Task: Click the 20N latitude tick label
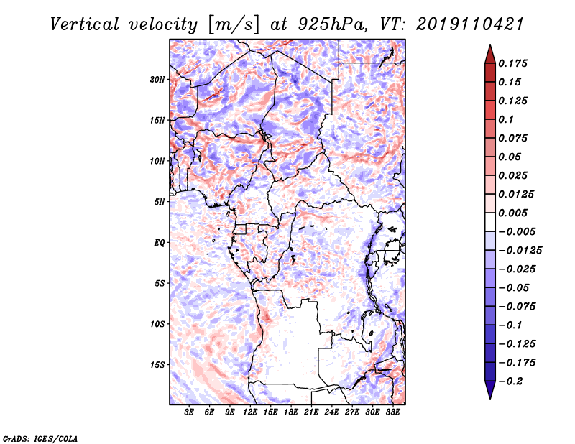(x=157, y=80)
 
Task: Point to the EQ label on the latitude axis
(x=159, y=243)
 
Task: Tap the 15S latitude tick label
(x=157, y=365)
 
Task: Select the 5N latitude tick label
(x=160, y=202)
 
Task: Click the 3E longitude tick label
(x=189, y=412)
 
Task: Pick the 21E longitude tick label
(x=311, y=412)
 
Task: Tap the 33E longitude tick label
(x=392, y=412)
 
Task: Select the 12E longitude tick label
(x=249, y=412)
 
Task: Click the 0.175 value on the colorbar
(x=512, y=63)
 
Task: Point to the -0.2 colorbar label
(x=510, y=381)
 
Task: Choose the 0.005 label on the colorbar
(x=512, y=213)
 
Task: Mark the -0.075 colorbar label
(x=517, y=307)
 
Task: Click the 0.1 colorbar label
(x=506, y=119)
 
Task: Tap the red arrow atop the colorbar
(x=490, y=54)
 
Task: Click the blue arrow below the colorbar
(x=490, y=390)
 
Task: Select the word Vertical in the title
(x=85, y=24)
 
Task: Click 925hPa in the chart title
(x=332, y=24)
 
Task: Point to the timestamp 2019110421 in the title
(x=470, y=24)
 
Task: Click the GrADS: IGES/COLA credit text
(x=40, y=438)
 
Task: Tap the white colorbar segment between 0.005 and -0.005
(x=490, y=222)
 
